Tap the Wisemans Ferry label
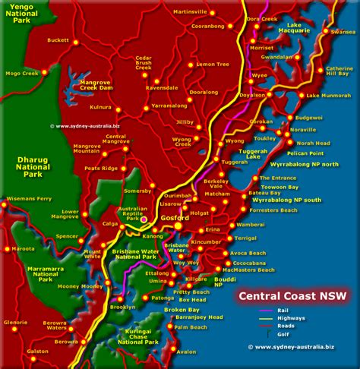[27, 199]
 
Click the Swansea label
[343, 32]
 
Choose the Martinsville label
[191, 13]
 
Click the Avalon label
[185, 352]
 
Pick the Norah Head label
[313, 143]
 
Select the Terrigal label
[245, 238]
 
